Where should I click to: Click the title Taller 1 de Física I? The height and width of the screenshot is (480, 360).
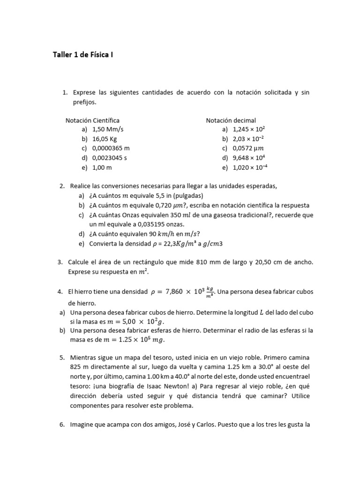(x=82, y=55)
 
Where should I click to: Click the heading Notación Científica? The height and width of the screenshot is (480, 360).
(x=92, y=120)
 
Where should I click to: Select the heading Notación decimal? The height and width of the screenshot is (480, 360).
(x=231, y=120)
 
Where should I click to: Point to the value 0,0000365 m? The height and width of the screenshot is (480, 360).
(x=111, y=149)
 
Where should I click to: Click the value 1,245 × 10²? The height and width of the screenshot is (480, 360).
(x=249, y=130)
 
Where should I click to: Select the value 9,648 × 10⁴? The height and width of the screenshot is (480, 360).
(x=249, y=158)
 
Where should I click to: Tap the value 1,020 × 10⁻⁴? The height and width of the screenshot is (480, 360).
(x=250, y=167)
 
